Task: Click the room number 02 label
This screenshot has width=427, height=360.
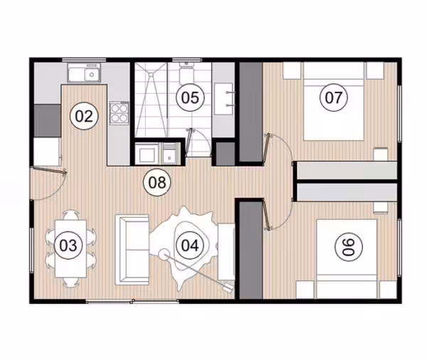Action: point(84,116)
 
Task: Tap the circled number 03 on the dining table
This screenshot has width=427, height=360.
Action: point(68,245)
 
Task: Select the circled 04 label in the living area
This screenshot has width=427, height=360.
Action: point(190,245)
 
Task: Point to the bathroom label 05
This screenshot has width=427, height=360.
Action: point(190,97)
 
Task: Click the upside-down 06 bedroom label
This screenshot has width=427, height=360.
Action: point(349,247)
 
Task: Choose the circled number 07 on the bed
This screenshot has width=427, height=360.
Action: point(334,97)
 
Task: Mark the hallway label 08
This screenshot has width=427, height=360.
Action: point(157,182)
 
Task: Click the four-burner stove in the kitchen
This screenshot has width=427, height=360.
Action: point(120,112)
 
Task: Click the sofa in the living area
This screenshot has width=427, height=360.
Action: point(132,250)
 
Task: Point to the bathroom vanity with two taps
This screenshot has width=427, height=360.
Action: point(224,99)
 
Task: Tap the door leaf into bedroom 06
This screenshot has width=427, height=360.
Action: point(266,215)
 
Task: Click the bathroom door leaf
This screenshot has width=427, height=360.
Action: point(189,142)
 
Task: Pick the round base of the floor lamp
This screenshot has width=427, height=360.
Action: point(164,254)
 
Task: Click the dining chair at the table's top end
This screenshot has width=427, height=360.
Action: point(70,215)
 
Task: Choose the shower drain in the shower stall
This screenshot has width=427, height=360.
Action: point(150,74)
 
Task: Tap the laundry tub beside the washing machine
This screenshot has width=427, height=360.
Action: point(169,154)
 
